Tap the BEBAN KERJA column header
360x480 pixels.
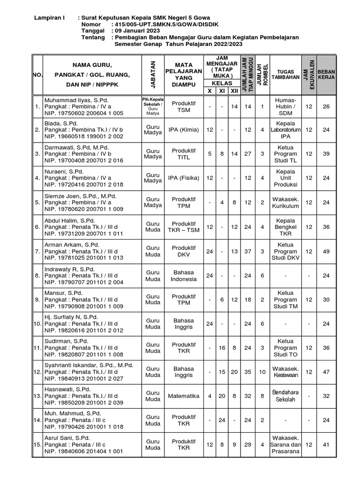[326, 74]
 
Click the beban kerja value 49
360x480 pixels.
[326, 251]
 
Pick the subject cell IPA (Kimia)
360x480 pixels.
[183, 129]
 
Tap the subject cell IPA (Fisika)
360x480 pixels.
[183, 178]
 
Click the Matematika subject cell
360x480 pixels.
[183, 396]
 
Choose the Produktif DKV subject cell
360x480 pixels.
[183, 251]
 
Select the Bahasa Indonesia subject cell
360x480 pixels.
[183, 275]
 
